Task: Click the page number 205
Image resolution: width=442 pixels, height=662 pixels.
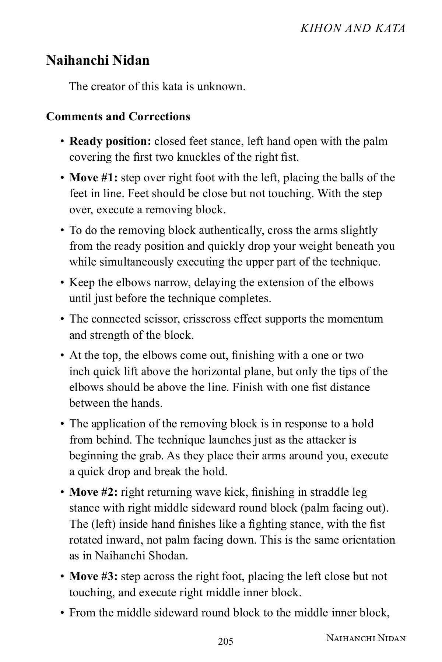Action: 225,642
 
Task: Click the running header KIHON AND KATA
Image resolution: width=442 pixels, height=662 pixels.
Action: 352,28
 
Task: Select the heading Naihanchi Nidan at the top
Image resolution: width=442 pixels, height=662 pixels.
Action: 98,60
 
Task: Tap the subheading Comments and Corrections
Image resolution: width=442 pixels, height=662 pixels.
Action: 118,117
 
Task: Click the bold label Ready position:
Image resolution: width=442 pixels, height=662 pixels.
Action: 110,141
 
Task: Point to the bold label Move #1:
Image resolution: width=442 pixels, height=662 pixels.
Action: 94,178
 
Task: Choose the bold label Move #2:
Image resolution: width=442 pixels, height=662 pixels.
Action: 94,492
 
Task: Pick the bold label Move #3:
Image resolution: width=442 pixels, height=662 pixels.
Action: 94,576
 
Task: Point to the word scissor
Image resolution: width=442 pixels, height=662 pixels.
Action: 161,318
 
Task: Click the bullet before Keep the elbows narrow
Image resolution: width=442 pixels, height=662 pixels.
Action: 62,283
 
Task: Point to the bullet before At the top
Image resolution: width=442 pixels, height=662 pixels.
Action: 62,356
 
